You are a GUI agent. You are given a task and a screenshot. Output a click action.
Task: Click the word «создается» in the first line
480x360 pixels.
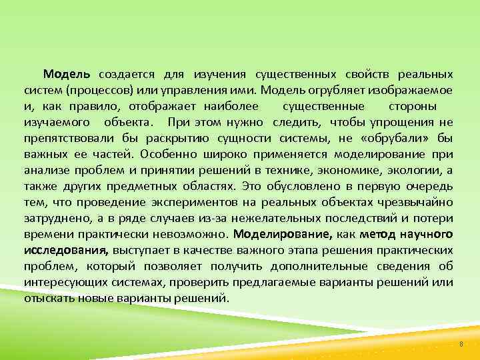click(123, 74)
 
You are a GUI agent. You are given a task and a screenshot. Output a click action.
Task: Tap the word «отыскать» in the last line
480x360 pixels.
click(49, 298)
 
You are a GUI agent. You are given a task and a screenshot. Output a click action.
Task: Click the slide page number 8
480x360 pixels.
click(460, 345)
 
